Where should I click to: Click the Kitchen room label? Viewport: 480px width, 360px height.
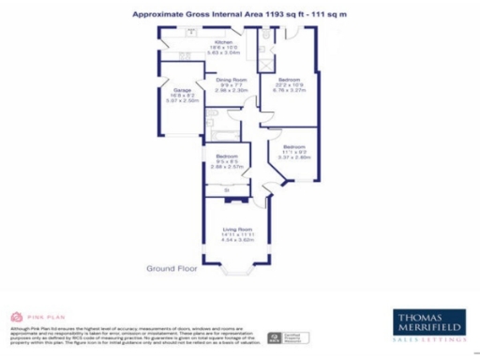pos(223,42)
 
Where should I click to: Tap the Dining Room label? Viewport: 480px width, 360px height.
pos(231,80)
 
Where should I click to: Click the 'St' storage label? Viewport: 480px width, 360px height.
pos(227,190)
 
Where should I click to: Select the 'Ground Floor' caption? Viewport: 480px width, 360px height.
pos(172,268)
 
